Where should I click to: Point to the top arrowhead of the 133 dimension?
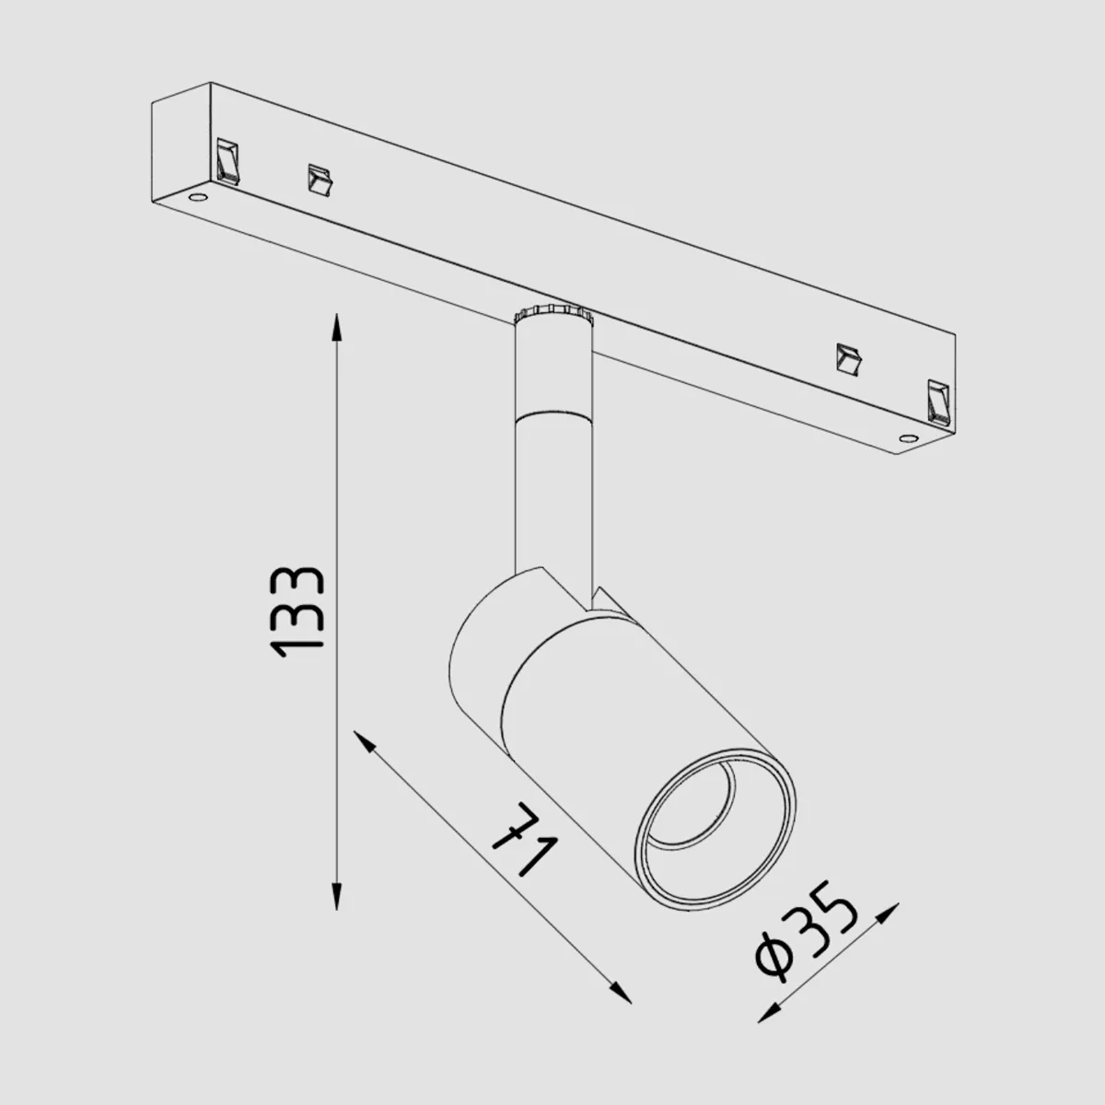point(337,328)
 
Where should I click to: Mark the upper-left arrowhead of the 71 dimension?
point(364,741)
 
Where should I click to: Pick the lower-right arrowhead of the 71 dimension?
point(621,994)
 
